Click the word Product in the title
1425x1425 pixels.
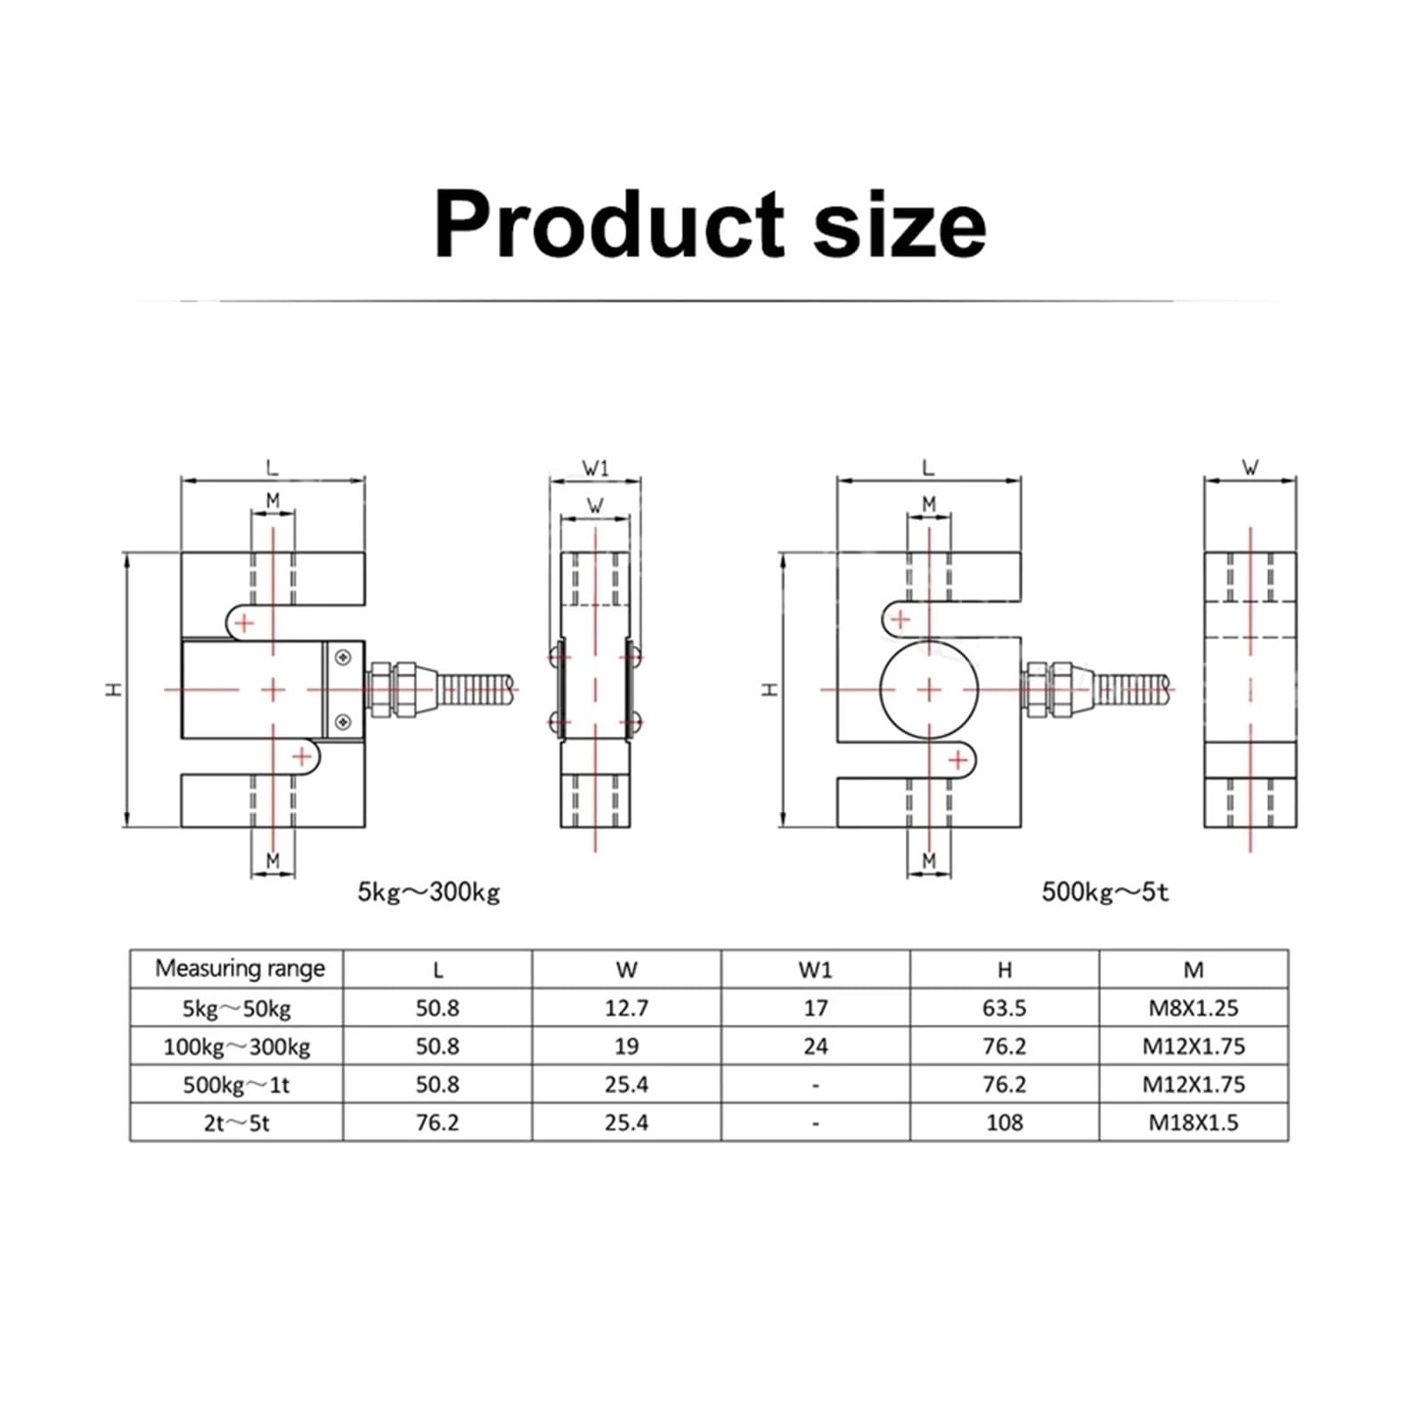(x=608, y=224)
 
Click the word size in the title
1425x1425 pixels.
(x=899, y=224)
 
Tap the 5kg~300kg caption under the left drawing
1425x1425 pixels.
(x=428, y=892)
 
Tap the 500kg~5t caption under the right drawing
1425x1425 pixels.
(x=1104, y=892)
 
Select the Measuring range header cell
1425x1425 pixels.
(x=239, y=969)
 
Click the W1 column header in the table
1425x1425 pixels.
(x=815, y=970)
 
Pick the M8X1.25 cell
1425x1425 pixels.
(x=1193, y=1008)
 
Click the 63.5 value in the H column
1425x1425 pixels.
(x=1004, y=1008)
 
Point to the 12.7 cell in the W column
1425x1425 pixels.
(x=626, y=1008)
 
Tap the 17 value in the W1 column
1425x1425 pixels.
(x=815, y=1008)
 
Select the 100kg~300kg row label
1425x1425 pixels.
(x=236, y=1046)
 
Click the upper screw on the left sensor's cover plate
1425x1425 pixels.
(x=343, y=658)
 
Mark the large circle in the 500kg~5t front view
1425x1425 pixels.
(x=929, y=690)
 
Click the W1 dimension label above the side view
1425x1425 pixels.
(x=595, y=468)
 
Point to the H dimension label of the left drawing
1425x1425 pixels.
(x=114, y=689)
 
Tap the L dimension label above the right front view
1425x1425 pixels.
(x=928, y=468)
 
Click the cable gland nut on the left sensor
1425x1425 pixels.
(x=393, y=689)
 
